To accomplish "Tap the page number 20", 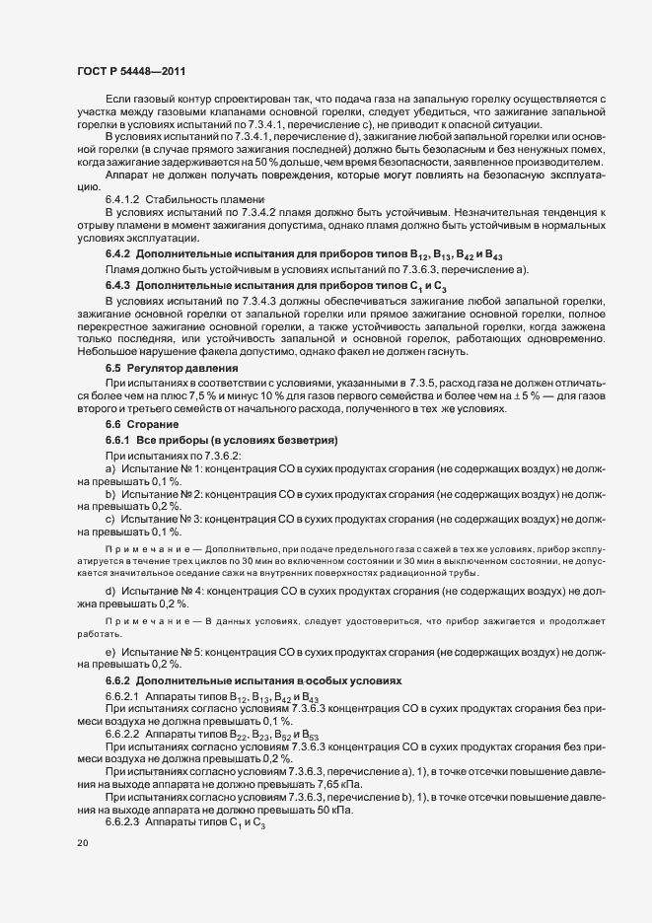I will (x=82, y=844).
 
